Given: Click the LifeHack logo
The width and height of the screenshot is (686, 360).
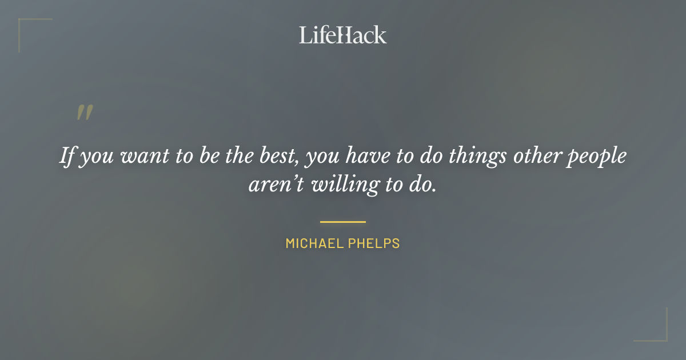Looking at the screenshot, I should click(343, 35).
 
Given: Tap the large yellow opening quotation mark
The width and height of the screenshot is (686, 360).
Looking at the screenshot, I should click(84, 113).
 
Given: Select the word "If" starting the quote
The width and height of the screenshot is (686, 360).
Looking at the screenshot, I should click(67, 156).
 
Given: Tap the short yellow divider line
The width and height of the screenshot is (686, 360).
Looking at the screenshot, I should click(343, 222).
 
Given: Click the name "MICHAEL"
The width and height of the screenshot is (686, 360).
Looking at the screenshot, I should click(312, 243).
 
